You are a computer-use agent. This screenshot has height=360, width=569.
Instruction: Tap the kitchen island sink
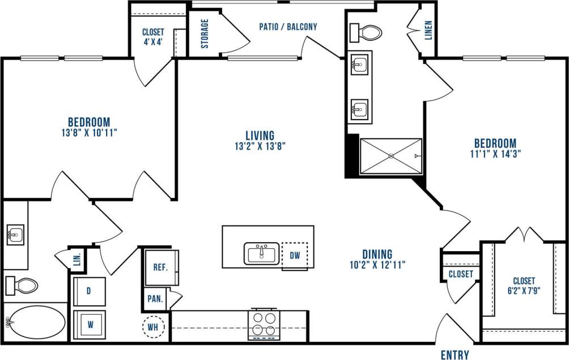[x=261, y=253]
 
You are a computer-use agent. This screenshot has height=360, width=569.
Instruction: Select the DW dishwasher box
[x=295, y=256]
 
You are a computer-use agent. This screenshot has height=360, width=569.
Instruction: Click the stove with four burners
[x=264, y=325]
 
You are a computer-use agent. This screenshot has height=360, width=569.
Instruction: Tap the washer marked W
[x=89, y=326]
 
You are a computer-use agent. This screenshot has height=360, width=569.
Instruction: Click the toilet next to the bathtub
[x=22, y=285]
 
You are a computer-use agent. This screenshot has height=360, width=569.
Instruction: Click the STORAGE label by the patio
[x=205, y=33]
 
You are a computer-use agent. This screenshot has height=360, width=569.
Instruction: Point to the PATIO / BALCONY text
[x=288, y=26]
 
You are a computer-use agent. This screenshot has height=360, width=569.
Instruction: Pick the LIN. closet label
[x=77, y=261]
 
